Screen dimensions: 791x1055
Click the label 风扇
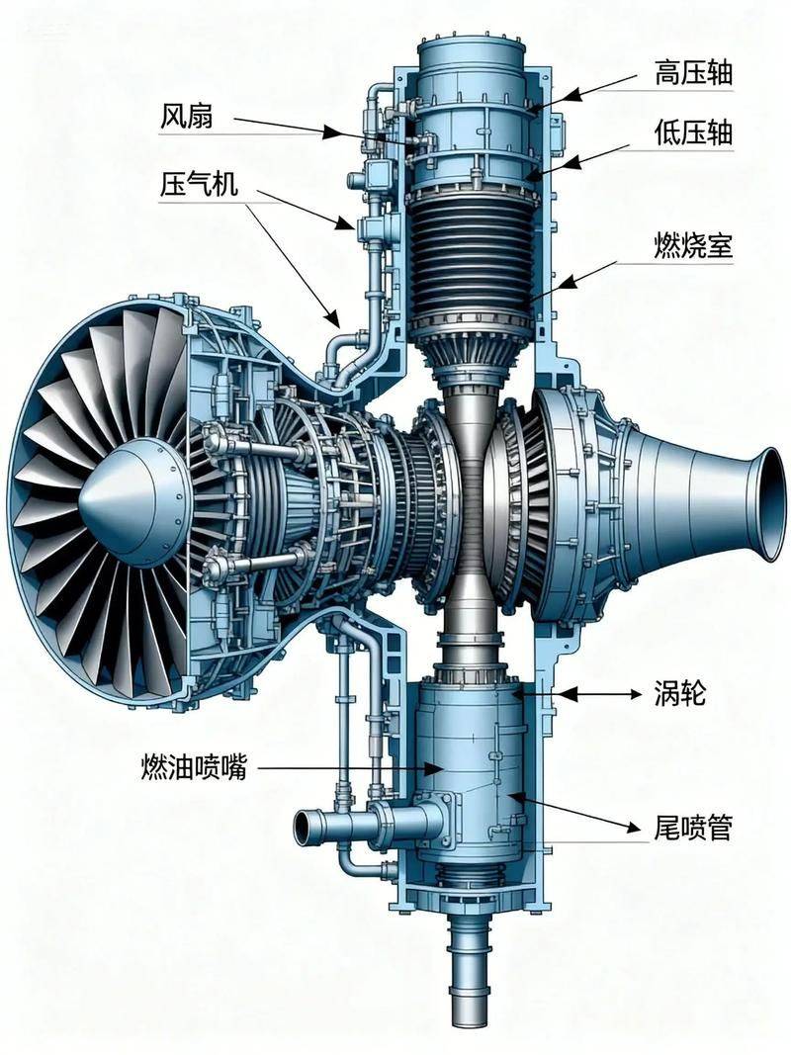coord(186,117)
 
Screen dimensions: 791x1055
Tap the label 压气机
coord(199,183)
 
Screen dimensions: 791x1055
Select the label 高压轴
coord(693,72)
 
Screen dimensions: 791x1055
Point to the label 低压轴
coord(693,133)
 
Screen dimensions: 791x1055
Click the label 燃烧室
coord(693,245)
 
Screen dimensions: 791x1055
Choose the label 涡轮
coord(680,693)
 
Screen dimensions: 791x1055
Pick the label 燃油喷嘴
coord(194,767)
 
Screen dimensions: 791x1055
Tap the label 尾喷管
coord(693,828)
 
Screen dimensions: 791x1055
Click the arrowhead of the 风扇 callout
coord(328,132)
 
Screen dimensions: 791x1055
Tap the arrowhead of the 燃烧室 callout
coord(568,281)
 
